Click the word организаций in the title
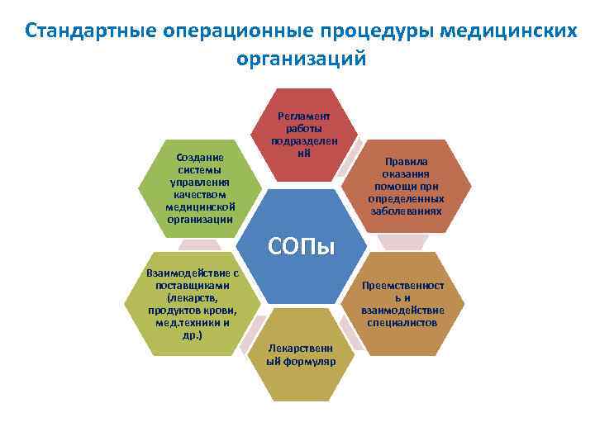pyautogui.click(x=299, y=59)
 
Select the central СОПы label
pyautogui.click(x=301, y=245)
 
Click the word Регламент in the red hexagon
pyautogui.click(x=309, y=116)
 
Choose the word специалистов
pyautogui.click(x=403, y=322)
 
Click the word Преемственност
pyautogui.click(x=403, y=286)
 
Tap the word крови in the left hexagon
pyautogui.click(x=216, y=311)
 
